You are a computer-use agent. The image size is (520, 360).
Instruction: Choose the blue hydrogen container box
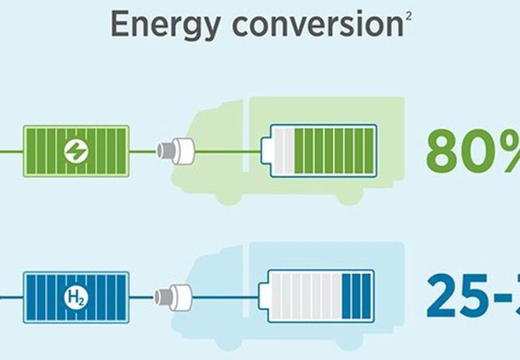[x=76, y=296]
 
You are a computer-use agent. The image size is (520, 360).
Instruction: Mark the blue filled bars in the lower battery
[x=356, y=296]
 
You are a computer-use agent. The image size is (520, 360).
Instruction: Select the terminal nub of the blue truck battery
[x=264, y=296]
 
